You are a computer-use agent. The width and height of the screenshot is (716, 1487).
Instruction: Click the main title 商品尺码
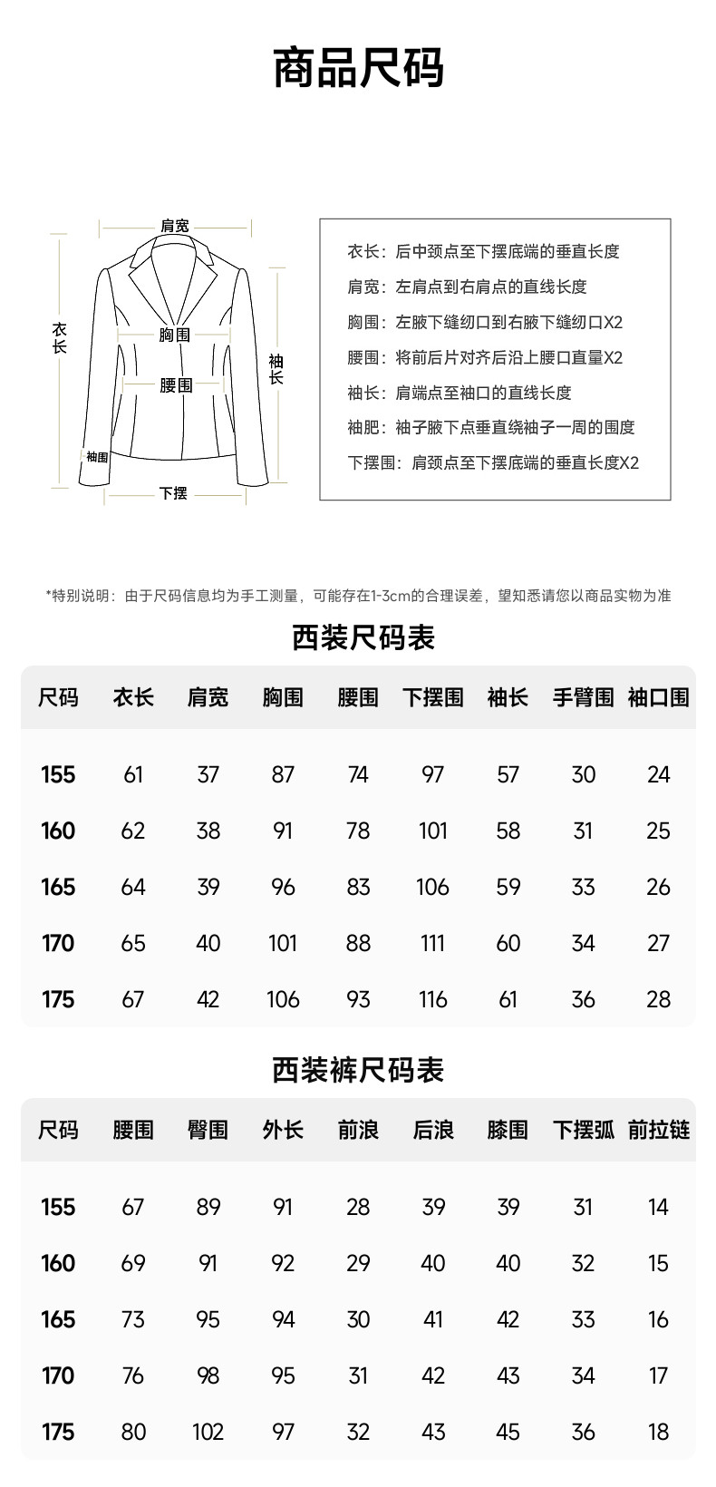358,69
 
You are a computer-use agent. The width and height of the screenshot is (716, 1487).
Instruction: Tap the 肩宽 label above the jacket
175,226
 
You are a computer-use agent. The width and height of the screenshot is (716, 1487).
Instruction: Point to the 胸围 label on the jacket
175,335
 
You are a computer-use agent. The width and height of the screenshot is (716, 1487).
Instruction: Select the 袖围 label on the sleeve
97,457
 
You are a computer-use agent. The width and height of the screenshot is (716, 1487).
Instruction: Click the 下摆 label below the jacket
173,493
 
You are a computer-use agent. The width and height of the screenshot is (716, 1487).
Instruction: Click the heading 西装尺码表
363,637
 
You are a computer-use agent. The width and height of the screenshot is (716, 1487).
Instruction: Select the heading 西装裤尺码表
358,1070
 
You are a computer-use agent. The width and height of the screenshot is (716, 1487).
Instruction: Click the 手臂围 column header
583,697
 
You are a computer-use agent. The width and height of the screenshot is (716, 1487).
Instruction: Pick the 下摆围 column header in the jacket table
432,697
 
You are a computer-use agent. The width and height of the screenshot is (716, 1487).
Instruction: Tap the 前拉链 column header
659,1130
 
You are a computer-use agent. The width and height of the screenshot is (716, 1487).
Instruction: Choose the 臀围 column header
208,1130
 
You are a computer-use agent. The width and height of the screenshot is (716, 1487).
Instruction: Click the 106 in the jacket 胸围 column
283,999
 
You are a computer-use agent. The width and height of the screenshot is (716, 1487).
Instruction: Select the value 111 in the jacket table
432,943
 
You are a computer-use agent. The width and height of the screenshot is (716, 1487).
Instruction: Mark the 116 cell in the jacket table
432,999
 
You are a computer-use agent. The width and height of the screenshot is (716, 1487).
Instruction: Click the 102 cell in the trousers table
208,1432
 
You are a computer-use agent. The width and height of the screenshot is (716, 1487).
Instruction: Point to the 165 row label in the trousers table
58,1319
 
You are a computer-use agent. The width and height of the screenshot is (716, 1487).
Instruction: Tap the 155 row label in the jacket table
58,774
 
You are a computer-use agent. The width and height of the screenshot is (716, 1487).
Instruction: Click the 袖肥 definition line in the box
491,427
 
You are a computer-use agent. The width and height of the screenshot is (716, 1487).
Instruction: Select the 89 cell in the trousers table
208,1207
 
